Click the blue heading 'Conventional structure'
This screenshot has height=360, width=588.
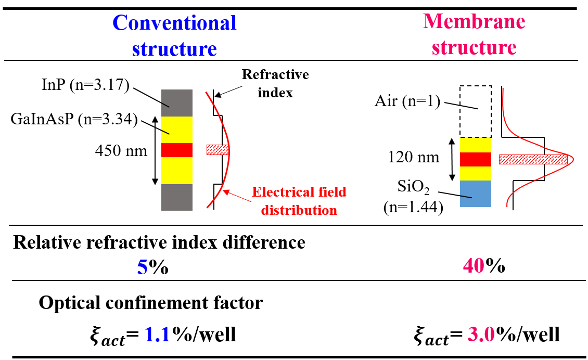174,35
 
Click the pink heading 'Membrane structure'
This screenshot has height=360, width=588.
474,34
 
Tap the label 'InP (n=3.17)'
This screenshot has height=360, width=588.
85,85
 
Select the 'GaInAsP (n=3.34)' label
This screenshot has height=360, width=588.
74,119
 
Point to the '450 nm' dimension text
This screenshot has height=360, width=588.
121,151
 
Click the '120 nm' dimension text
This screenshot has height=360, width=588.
413,157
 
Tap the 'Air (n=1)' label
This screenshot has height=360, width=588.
407,101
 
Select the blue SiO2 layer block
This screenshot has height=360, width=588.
476,194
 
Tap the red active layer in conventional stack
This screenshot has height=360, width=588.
177,150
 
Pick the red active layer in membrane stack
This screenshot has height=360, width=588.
476,159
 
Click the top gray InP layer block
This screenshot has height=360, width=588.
177,103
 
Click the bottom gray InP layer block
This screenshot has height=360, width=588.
177,197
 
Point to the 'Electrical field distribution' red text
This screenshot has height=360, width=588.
299,201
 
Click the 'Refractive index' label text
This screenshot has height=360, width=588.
275,83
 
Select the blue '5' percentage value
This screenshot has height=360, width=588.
142,267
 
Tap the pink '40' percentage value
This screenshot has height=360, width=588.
474,266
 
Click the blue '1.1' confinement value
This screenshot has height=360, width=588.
158,335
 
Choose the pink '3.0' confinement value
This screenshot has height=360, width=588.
481,335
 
